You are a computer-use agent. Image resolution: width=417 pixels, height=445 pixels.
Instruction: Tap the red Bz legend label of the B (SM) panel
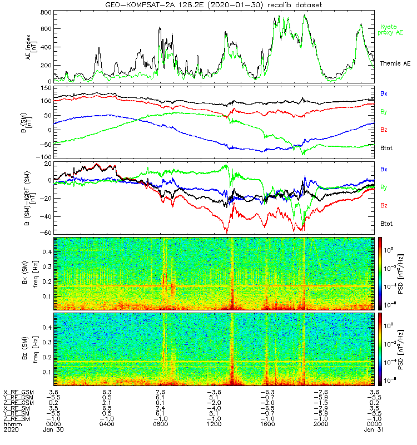(384, 130)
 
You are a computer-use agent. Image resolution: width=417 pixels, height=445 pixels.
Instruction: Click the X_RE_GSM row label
(19, 392)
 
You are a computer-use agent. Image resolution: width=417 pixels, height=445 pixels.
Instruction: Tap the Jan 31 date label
(374, 429)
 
